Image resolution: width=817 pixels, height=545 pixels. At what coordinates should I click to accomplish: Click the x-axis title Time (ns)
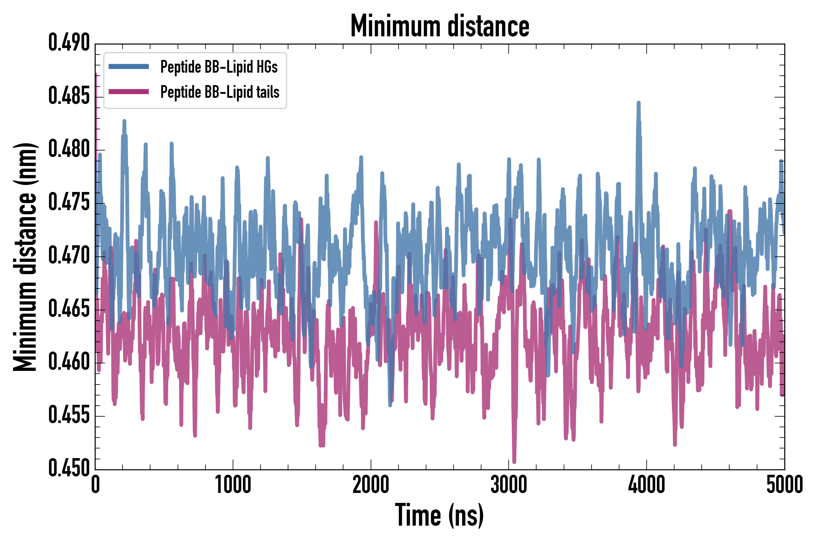tap(439, 515)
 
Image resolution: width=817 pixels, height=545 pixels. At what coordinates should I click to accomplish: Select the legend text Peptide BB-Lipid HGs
tap(219, 67)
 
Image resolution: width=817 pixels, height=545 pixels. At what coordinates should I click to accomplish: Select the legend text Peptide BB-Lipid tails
tap(220, 92)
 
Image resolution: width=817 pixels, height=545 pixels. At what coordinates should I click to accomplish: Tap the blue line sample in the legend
tap(129, 67)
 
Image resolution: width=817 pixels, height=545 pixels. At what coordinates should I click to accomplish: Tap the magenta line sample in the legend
tap(129, 92)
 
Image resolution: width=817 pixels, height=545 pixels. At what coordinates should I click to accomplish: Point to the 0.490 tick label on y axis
tap(69, 43)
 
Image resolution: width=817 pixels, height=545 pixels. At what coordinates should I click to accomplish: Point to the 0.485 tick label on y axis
tap(69, 96)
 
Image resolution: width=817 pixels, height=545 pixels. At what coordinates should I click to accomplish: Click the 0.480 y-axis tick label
tap(69, 150)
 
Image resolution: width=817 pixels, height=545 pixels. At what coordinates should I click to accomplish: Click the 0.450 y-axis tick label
tap(69, 468)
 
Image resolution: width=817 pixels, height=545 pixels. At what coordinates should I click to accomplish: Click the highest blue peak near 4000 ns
tap(638, 103)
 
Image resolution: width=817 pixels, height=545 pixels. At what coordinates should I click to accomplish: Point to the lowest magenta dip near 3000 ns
tap(514, 461)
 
